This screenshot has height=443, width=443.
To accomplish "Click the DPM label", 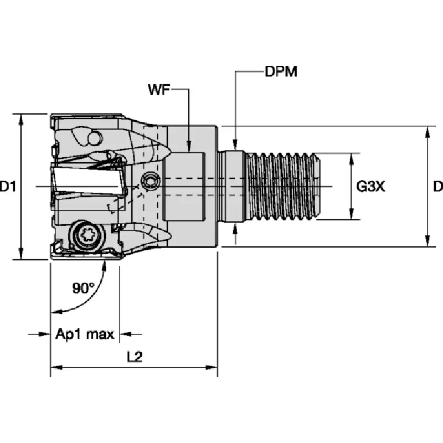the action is click(281, 71).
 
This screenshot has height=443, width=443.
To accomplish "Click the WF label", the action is click(159, 90).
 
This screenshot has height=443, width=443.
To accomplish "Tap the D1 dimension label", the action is click(8, 187).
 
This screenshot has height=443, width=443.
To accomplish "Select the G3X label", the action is click(370, 187).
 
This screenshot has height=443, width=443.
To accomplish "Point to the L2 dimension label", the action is click(135, 357).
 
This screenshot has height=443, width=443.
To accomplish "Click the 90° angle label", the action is click(84, 288).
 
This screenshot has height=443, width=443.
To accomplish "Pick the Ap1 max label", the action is click(85, 334).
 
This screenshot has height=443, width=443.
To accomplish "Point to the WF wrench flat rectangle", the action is click(184, 186).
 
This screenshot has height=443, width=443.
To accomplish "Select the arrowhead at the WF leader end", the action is click(189, 146).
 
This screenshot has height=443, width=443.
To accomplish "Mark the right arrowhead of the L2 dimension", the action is click(212, 368).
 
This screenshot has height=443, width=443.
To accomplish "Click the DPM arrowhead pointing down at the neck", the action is click(235, 144).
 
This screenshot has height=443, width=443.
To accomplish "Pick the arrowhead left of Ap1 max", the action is click(45, 334).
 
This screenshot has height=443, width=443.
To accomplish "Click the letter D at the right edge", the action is click(439, 187).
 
